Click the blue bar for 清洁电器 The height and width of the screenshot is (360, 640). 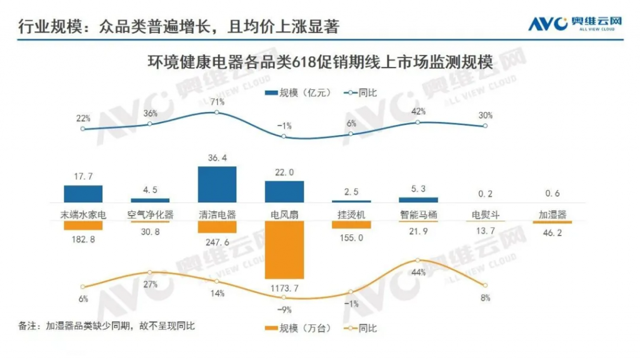217,184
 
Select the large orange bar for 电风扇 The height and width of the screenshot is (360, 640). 284,249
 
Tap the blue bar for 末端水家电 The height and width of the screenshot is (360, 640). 83,193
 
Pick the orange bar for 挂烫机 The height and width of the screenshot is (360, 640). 351,224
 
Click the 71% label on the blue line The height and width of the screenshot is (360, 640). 217,101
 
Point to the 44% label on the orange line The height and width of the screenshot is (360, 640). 419,272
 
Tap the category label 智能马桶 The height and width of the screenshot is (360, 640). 418,214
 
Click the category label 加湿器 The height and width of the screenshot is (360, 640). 552,214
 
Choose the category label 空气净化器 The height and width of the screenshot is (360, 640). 150,214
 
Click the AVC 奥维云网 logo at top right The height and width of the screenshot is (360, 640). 575,24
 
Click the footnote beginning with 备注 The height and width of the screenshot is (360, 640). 106,326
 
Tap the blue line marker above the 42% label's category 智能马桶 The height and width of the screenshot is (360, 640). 418,122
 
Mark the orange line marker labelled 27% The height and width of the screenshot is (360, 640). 150,272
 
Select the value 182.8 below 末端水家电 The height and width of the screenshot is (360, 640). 83,240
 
